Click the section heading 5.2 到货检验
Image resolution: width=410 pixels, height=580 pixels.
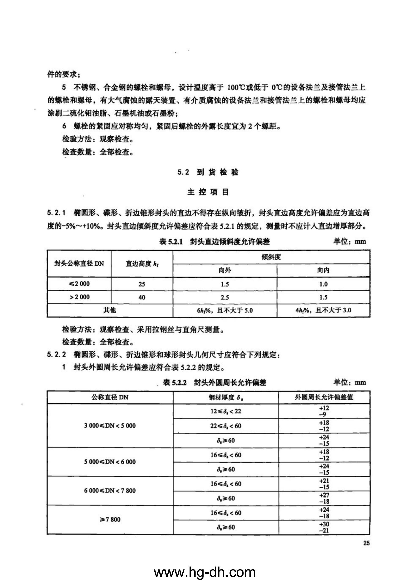(x=208, y=173)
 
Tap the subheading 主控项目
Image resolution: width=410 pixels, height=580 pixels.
(x=208, y=192)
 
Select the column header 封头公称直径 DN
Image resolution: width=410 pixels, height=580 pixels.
(x=79, y=264)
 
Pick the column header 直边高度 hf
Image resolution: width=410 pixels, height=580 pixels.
(x=142, y=264)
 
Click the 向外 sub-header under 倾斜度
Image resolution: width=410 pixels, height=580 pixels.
(x=225, y=271)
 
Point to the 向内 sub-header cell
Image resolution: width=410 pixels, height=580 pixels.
(x=323, y=271)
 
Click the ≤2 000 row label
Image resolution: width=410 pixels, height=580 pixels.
(x=79, y=284)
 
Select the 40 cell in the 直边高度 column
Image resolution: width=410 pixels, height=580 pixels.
(x=142, y=297)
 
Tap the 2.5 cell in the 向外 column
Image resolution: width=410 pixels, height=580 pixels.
(x=225, y=297)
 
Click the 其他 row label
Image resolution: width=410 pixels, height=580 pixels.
(x=110, y=310)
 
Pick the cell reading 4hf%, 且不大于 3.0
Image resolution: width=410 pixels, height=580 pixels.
(x=323, y=310)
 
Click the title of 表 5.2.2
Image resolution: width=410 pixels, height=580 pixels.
(x=215, y=383)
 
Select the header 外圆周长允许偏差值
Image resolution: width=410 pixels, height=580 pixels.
(x=324, y=397)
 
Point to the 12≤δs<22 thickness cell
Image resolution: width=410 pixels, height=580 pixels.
(x=226, y=411)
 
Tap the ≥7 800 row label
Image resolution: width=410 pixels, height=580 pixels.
(x=110, y=520)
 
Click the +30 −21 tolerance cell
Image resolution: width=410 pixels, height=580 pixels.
(x=324, y=527)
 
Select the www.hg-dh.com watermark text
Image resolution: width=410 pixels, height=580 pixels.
(x=205, y=571)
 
